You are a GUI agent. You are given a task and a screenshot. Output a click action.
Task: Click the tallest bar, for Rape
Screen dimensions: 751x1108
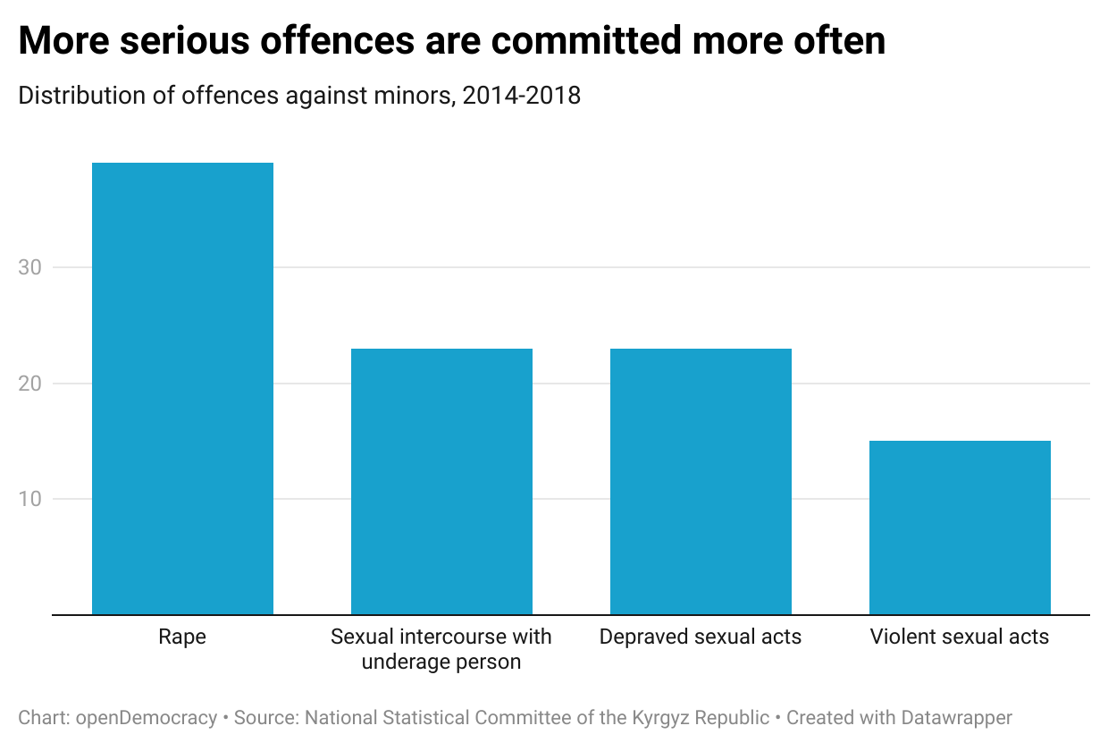182,389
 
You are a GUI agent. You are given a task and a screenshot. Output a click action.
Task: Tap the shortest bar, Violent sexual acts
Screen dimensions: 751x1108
960,527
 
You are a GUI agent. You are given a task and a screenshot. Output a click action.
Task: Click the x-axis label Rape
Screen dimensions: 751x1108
182,637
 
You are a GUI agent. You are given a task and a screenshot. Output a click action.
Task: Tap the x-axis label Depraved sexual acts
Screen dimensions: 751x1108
701,637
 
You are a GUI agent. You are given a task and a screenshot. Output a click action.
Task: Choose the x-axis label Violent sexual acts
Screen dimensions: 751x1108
960,637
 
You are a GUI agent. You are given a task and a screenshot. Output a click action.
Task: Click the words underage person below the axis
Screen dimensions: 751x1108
441,662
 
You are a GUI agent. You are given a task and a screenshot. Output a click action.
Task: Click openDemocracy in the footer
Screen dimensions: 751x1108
147,717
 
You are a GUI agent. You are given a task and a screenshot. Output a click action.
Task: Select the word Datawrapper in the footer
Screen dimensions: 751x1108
956,717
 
